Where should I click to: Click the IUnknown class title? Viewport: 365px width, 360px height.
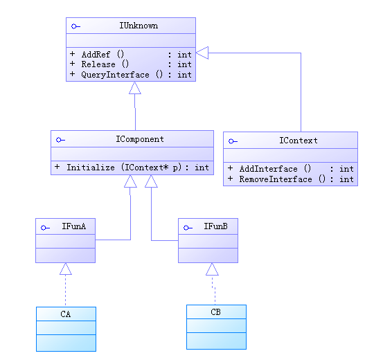[x=139, y=26]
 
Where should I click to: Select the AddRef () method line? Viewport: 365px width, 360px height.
[x=131, y=55]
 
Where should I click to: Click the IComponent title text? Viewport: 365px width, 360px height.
[x=140, y=139]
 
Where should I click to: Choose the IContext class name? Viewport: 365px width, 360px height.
[x=299, y=141]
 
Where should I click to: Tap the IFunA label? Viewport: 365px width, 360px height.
[x=74, y=226]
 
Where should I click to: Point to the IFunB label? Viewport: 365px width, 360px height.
[x=216, y=226]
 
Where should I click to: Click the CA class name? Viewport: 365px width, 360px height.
[x=65, y=314]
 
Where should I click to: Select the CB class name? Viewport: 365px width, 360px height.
[x=215, y=312]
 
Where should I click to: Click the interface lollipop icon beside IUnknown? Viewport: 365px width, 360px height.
[x=75, y=26]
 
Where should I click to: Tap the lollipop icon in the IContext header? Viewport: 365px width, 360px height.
[x=233, y=141]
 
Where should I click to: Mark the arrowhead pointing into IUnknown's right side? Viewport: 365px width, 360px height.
[x=202, y=53]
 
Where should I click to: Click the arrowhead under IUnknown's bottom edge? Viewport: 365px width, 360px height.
[x=135, y=88]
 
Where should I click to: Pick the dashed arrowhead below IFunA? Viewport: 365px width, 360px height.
[x=65, y=269]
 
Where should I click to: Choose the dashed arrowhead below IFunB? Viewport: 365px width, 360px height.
[x=212, y=269]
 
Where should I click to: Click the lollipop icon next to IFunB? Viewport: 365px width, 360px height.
[x=188, y=228]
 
